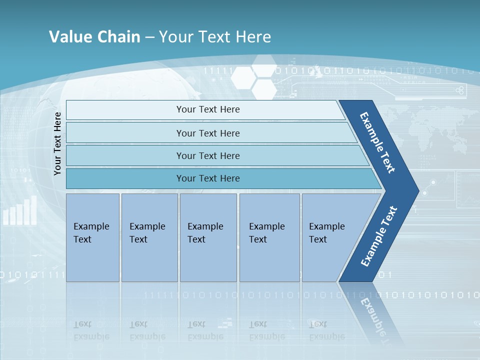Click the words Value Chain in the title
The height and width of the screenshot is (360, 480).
pyautogui.click(x=94, y=37)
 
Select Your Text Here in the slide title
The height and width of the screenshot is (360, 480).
pyautogui.click(x=215, y=37)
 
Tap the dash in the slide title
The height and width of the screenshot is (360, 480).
pyautogui.click(x=149, y=37)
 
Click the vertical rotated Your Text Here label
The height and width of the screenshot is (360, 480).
pyautogui.click(x=57, y=143)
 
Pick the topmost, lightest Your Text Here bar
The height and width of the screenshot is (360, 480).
pyautogui.click(x=207, y=109)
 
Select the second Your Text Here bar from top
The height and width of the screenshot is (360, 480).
pyautogui.click(x=207, y=133)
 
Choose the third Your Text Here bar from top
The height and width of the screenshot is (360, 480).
pyautogui.click(x=207, y=155)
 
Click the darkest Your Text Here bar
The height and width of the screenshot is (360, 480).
pyautogui.click(x=207, y=178)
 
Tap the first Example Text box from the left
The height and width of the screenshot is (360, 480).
pyautogui.click(x=92, y=237)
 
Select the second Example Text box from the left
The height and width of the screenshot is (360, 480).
pyautogui.click(x=149, y=237)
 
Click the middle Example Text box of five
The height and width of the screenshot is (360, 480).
pyautogui.click(x=208, y=237)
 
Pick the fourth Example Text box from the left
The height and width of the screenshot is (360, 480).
pyautogui.click(x=269, y=237)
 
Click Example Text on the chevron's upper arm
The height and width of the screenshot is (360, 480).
pyautogui.click(x=378, y=142)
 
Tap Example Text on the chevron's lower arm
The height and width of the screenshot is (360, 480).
pyautogui.click(x=379, y=236)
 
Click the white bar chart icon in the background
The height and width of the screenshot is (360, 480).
pyautogui.click(x=20, y=211)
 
